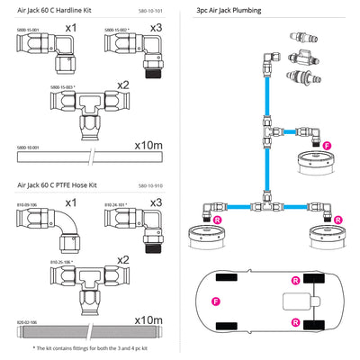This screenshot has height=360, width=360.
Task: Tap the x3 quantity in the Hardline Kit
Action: [x=157, y=31]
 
